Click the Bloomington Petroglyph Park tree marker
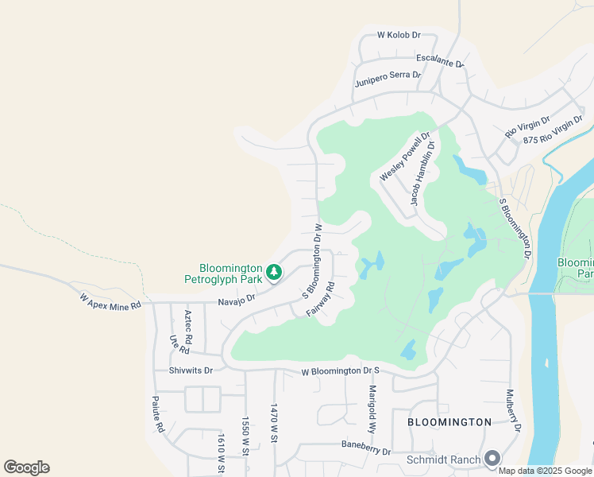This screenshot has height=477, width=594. click(x=274, y=273)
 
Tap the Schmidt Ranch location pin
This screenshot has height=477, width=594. click(x=492, y=459)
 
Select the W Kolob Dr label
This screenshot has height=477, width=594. click(x=398, y=35)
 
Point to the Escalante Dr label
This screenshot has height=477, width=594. click(x=440, y=60)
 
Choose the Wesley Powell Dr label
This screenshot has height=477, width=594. click(x=405, y=156)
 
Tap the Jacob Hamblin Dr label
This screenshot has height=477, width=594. click(x=424, y=179)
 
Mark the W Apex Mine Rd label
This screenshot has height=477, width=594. click(x=110, y=300)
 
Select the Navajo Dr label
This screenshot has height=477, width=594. click(x=237, y=300)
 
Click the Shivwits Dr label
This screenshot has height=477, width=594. click(x=191, y=370)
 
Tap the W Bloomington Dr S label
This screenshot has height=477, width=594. click(x=341, y=371)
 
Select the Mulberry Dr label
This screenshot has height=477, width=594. click(x=513, y=410)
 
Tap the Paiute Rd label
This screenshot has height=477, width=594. click(x=159, y=414)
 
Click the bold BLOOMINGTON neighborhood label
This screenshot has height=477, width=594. click(x=449, y=421)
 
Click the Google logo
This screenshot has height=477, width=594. click(x=26, y=467)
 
